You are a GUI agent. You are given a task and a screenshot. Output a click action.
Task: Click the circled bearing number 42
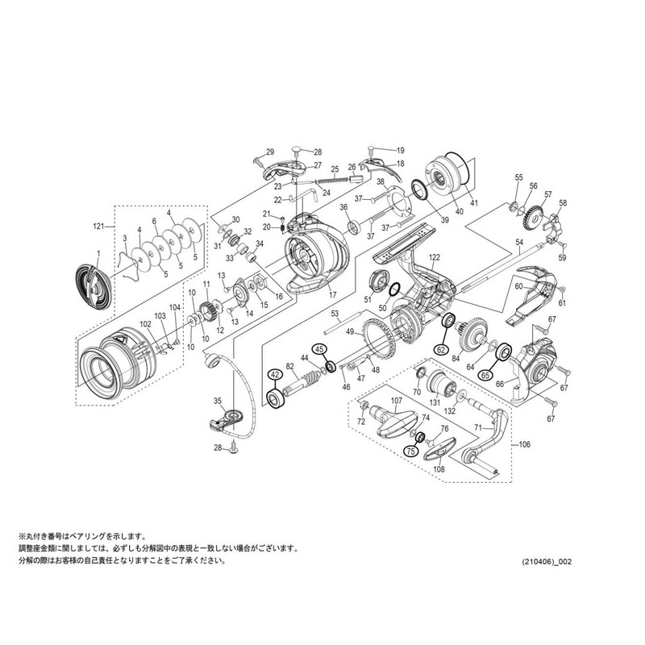coord(276,374)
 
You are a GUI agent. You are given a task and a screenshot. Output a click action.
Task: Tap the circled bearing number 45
coord(320,348)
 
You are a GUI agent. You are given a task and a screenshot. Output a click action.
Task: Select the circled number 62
coord(440,349)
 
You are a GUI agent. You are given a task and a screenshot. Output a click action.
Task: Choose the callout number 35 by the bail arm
coord(217,400)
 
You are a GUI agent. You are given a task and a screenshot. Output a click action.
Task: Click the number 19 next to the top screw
coord(400,150)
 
